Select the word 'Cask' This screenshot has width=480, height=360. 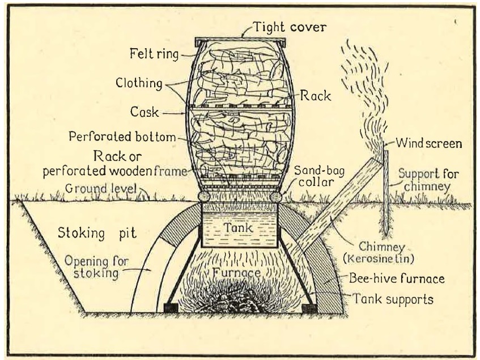coord(143,113)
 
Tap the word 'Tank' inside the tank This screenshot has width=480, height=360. coord(239,226)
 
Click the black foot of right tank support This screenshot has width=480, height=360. coord(309,308)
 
